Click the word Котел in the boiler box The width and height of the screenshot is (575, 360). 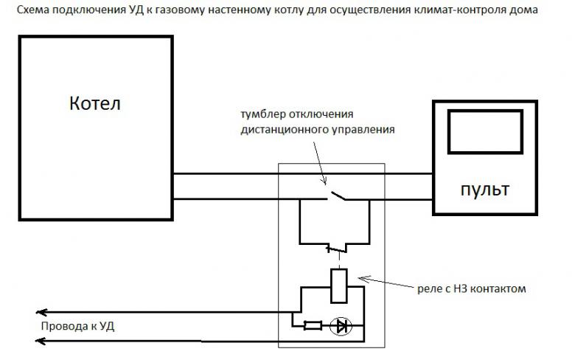pyautogui.click(x=94, y=103)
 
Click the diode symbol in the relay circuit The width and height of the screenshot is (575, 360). pyautogui.click(x=340, y=325)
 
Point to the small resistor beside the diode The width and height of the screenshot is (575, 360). pyautogui.click(x=313, y=325)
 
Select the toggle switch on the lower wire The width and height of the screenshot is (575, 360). pyautogui.click(x=338, y=196)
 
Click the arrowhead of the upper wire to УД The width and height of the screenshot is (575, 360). pyautogui.click(x=43, y=312)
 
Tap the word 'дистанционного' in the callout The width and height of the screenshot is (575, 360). pyautogui.click(x=280, y=130)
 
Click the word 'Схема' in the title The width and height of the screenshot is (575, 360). pyautogui.click(x=34, y=11)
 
